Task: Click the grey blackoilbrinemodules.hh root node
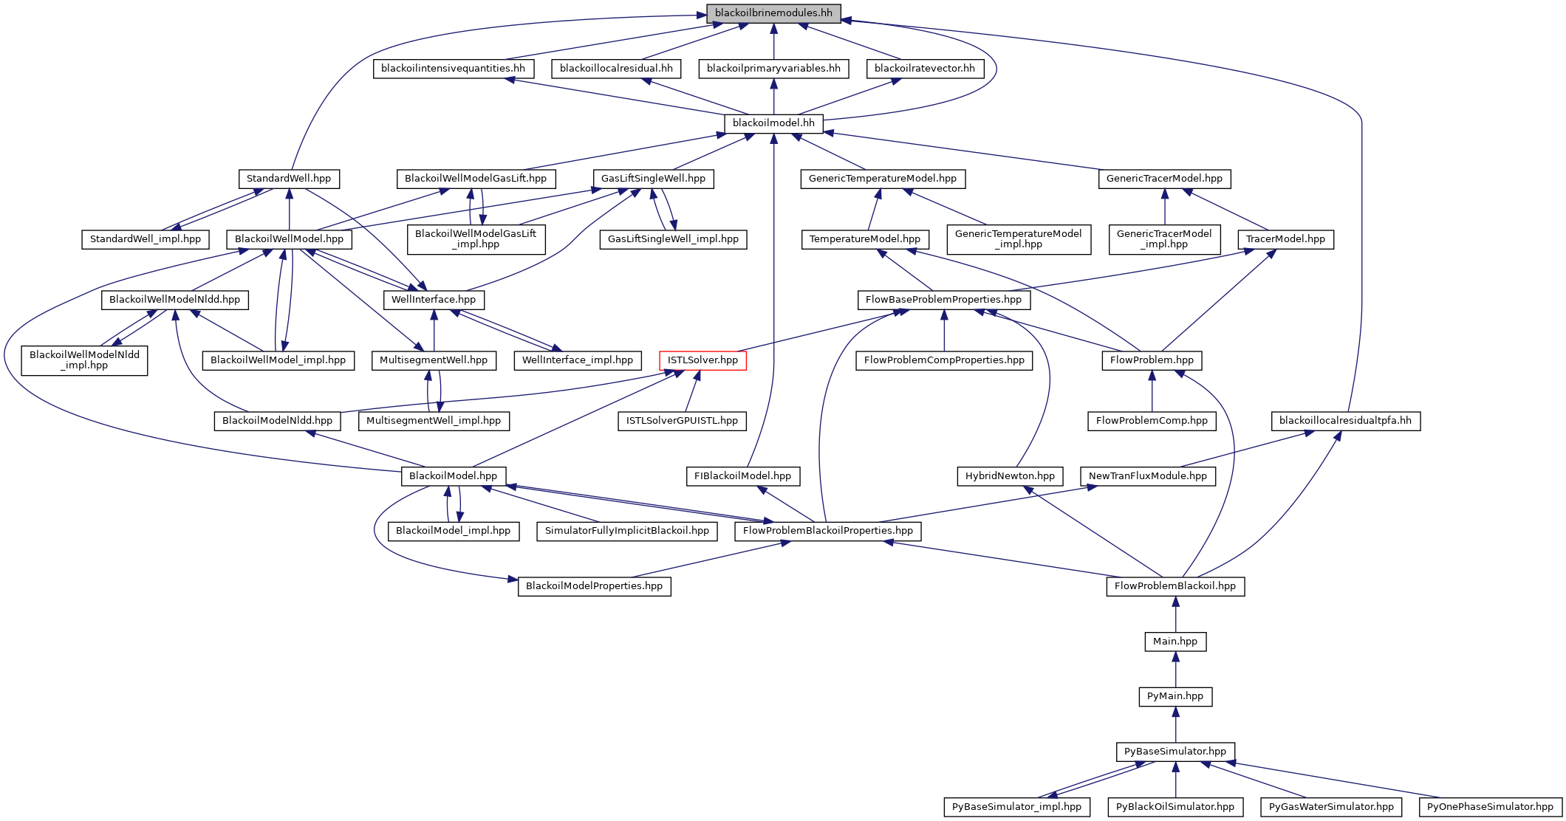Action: point(773,13)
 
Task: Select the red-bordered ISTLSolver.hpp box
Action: point(702,360)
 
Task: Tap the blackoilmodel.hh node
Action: point(773,123)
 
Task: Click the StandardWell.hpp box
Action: point(289,179)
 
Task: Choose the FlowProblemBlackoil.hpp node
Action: point(1175,586)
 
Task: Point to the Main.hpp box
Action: point(1175,642)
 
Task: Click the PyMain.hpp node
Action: point(1175,696)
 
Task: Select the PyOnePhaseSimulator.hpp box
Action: point(1490,807)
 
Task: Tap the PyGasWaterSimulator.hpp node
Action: point(1331,807)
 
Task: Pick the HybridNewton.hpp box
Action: point(1010,476)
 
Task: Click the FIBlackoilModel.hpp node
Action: point(743,476)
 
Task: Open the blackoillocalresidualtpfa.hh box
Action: point(1345,421)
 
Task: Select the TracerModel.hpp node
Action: point(1285,239)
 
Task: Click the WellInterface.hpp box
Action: point(434,300)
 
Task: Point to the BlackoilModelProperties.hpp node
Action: point(595,586)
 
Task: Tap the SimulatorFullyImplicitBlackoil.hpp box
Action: point(626,531)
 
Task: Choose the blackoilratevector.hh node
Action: point(925,69)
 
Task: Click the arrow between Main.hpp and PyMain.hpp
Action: point(1175,669)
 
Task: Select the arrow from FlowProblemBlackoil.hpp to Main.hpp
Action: point(1175,614)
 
